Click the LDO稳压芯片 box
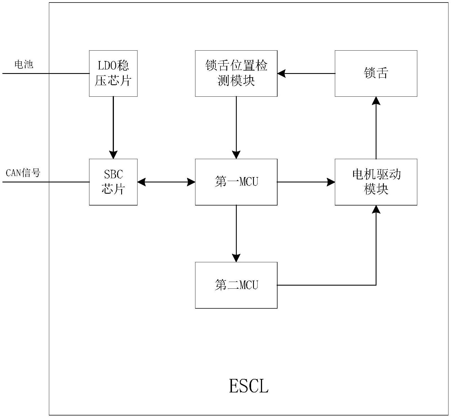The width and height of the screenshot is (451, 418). pyautogui.click(x=113, y=73)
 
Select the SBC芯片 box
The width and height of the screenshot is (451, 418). pyautogui.click(x=113, y=182)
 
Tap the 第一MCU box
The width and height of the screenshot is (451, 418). pyautogui.click(x=236, y=182)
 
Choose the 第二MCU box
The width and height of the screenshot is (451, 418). pyautogui.click(x=236, y=285)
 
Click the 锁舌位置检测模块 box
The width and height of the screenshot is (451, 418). pyautogui.click(x=236, y=73)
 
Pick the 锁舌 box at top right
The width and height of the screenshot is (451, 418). pyautogui.click(x=376, y=73)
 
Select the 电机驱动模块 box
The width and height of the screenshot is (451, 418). pyautogui.click(x=376, y=182)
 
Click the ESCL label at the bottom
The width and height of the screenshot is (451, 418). pyautogui.click(x=249, y=386)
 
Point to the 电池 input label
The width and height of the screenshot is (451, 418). pyautogui.click(x=24, y=64)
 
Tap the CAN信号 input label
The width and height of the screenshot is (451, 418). pyautogui.click(x=23, y=173)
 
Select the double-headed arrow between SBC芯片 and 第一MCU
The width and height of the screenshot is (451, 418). pyautogui.click(x=166, y=182)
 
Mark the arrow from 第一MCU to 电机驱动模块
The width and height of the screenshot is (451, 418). pyautogui.click(x=306, y=182)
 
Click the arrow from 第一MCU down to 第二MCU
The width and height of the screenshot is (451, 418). pyautogui.click(x=236, y=233)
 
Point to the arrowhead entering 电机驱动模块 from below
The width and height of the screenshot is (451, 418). pyautogui.click(x=376, y=209)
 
